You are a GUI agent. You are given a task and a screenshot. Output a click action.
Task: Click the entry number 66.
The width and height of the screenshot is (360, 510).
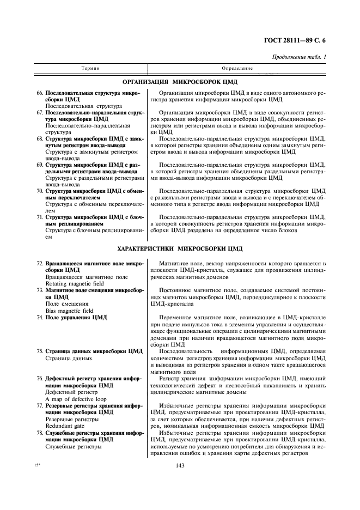click(x=39, y=93)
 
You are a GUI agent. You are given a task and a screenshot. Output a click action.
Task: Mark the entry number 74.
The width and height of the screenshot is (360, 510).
click(x=39, y=317)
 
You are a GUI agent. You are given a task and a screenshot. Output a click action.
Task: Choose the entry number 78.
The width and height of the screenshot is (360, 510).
click(x=39, y=433)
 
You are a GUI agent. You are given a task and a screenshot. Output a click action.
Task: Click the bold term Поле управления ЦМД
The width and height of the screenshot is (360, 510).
click(x=76, y=317)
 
